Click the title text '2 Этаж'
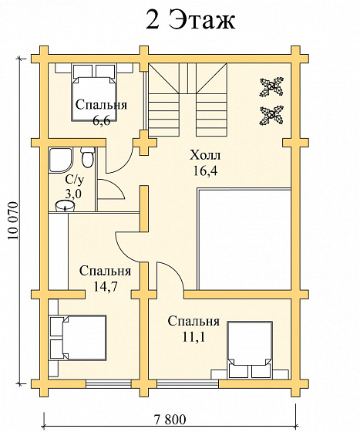[190, 19]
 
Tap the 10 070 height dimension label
[13, 221]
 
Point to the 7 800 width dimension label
[170, 420]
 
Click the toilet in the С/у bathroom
[88, 158]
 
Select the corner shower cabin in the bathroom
[61, 160]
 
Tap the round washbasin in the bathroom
[65, 207]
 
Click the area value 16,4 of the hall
[205, 170]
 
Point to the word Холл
[205, 155]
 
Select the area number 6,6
[101, 120]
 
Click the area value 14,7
[106, 287]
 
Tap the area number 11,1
[193, 337]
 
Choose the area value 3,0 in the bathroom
[73, 194]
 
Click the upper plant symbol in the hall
[271, 86]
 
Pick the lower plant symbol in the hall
[271, 115]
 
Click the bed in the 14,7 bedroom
[78, 338]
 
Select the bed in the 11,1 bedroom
[250, 349]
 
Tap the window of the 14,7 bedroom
[108, 383]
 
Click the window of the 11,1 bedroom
[187, 383]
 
